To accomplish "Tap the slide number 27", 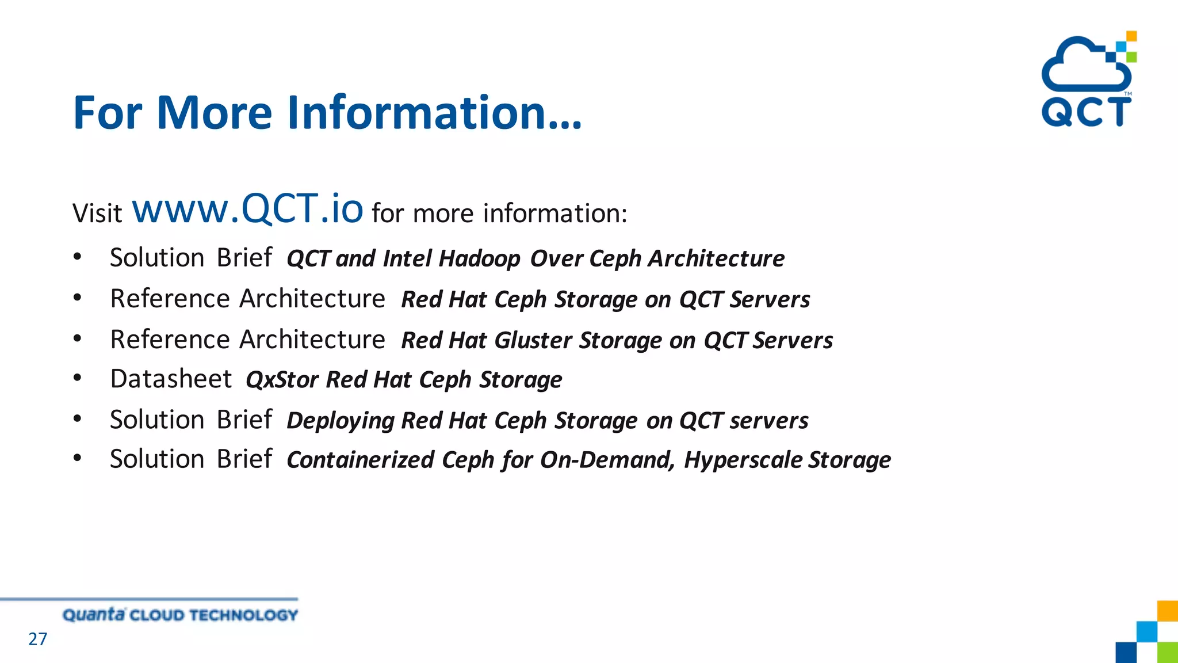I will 38,639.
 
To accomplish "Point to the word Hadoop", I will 479,258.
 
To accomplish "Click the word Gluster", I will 533,340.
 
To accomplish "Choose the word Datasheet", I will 171,379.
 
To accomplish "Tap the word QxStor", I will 282,380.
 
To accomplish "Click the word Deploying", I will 340,421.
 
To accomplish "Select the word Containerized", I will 360,460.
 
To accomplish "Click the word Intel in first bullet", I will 407,258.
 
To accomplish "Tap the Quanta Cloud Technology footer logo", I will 180,615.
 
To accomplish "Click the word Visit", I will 97,214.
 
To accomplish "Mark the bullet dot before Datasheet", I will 78,378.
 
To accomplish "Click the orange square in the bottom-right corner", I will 1167,611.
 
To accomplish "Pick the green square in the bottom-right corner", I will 1167,653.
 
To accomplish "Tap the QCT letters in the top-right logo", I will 1086,112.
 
